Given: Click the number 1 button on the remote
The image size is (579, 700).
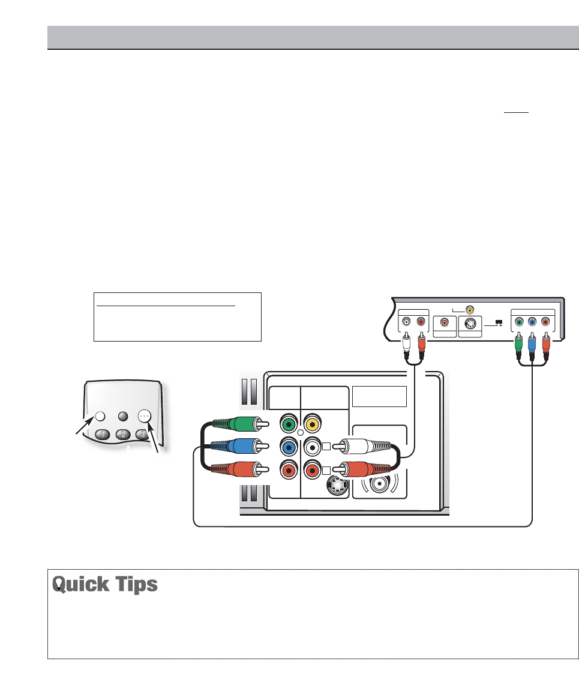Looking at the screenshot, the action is click(x=103, y=435).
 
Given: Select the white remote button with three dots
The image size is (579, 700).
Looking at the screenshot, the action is click(x=145, y=415).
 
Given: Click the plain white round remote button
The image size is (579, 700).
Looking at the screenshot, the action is click(x=100, y=416).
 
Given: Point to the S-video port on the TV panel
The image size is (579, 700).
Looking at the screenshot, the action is click(x=337, y=484).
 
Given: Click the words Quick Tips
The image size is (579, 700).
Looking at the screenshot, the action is click(x=105, y=585).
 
